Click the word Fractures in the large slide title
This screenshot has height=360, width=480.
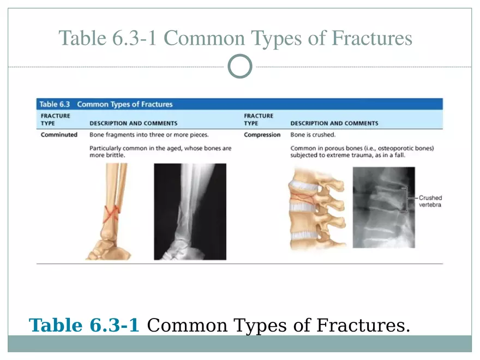pos(372,38)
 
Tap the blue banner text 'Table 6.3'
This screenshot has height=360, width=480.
pos(55,104)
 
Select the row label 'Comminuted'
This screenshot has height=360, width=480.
pos(59,135)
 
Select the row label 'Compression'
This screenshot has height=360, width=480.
pos(262,135)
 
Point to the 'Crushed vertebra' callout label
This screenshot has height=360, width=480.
pos(430,201)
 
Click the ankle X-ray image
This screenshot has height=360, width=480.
pos(190,212)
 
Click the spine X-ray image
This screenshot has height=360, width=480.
pos(383,207)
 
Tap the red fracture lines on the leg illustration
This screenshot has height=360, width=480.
pos(111,214)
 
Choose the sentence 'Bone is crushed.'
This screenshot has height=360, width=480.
pos(313,135)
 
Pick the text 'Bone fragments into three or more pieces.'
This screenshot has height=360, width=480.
pos(149,135)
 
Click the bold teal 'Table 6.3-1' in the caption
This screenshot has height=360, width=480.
pos(84,325)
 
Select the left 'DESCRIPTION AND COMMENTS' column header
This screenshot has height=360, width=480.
pos(134,123)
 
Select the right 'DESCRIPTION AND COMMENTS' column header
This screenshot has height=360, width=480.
pos(334,123)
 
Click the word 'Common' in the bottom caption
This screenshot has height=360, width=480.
pos(187,325)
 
